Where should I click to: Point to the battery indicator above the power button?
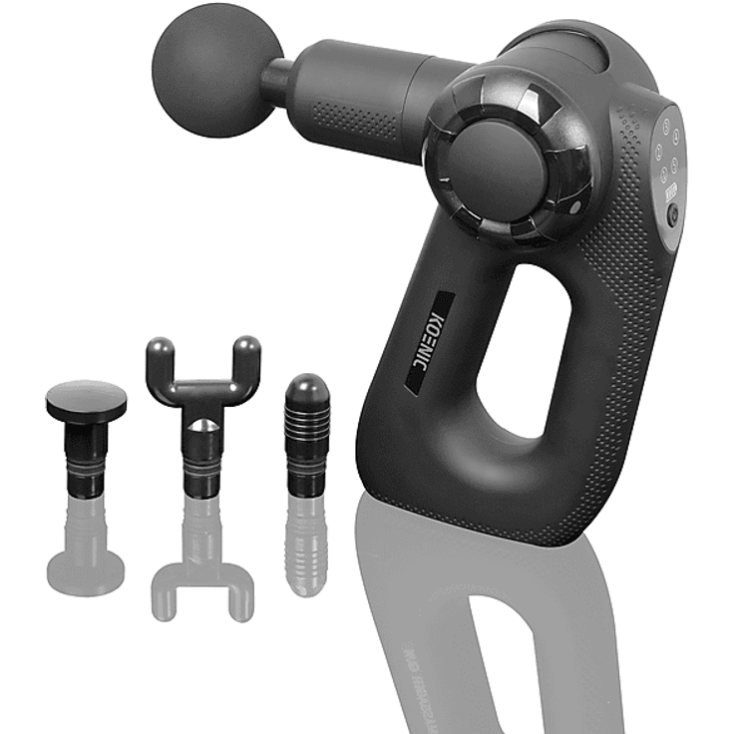point(672,191)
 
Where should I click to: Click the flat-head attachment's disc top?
point(87,400)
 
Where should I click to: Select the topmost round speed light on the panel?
point(665,126)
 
